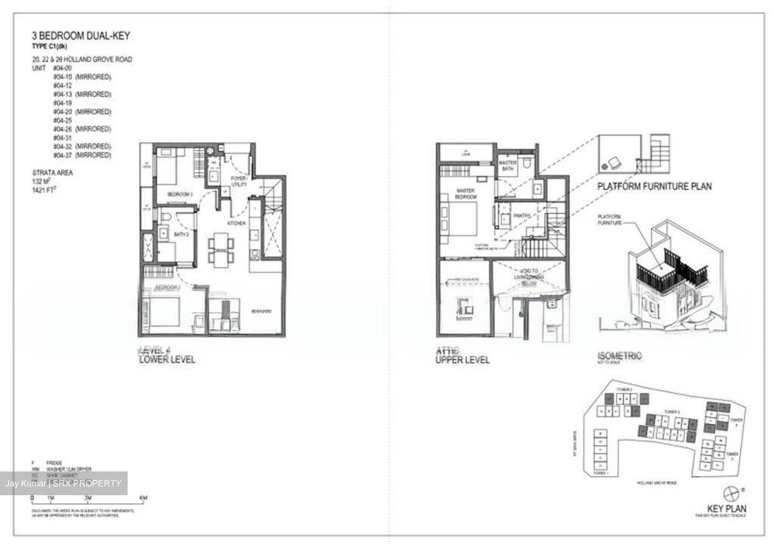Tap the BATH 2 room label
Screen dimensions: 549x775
(x=181, y=234)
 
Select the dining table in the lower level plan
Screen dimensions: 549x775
(x=221, y=249)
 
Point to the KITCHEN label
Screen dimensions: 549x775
(x=237, y=223)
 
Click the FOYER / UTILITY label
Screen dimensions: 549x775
(x=239, y=181)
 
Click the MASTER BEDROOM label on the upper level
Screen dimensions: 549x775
(x=466, y=194)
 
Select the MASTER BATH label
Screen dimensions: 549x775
(x=508, y=165)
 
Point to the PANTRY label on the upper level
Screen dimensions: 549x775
(x=522, y=215)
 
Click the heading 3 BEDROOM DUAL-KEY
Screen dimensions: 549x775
(x=81, y=36)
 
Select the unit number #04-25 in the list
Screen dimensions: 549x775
(x=62, y=121)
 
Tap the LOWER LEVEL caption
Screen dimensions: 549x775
(x=167, y=359)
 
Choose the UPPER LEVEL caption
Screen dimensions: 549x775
(x=462, y=360)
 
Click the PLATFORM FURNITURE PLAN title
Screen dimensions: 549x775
(x=654, y=186)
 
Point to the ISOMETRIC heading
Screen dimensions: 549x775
(x=619, y=356)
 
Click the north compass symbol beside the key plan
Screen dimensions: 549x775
(x=731, y=492)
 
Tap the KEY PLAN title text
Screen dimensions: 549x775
(x=727, y=509)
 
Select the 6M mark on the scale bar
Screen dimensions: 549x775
(x=143, y=498)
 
